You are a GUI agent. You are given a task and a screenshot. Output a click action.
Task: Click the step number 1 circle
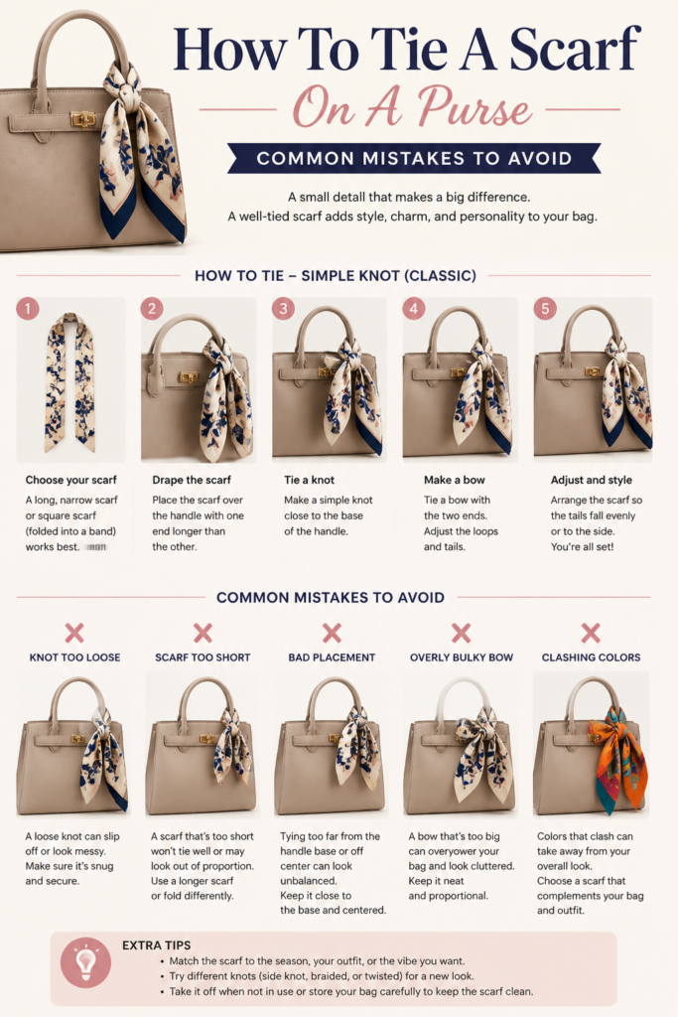(27, 308)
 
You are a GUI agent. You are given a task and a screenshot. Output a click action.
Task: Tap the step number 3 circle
(283, 308)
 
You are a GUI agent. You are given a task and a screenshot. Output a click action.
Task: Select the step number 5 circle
(545, 308)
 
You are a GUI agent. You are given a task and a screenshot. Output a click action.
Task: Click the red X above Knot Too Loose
(74, 633)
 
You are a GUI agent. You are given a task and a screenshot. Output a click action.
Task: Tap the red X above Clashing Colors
(591, 633)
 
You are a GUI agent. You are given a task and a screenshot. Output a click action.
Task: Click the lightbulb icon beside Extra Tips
(85, 962)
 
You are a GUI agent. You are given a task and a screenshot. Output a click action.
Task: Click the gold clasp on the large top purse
(83, 119)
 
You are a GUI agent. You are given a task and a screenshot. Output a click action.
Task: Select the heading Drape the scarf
(192, 480)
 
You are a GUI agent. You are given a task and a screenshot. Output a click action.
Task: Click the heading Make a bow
(455, 480)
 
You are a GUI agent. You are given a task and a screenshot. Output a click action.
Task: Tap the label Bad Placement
(332, 657)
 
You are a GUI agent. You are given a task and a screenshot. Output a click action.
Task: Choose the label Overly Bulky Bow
(462, 657)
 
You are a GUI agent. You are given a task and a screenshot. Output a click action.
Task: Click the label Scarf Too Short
(203, 657)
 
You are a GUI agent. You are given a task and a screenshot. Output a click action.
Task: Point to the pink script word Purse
(474, 107)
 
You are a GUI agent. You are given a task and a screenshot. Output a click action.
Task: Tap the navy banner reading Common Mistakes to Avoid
(414, 158)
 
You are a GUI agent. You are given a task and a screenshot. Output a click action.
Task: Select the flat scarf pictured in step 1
(70, 382)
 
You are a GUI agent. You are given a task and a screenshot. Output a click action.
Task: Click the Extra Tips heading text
(156, 945)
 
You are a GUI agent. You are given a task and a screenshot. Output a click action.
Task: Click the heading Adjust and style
(592, 480)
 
